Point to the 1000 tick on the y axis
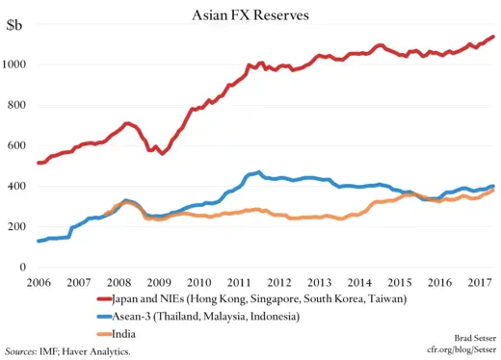tap(18, 64)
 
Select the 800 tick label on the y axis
tap(21, 105)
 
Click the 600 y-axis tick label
tap(21, 145)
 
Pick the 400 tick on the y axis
tap(21, 186)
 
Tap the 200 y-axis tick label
tap(21, 226)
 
